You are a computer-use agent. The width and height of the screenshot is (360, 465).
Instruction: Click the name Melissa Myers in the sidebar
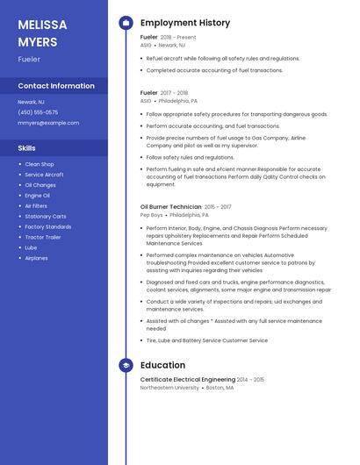click(40, 32)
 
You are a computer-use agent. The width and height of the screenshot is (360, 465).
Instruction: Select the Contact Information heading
click(56, 86)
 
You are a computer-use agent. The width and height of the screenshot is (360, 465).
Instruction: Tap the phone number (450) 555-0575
click(38, 112)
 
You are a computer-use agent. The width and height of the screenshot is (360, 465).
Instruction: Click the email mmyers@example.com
click(48, 123)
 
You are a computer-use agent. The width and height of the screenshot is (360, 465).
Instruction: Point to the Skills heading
click(27, 148)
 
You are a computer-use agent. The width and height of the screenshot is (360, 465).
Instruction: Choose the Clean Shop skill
click(40, 164)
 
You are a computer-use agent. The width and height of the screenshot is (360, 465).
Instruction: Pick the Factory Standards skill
click(48, 226)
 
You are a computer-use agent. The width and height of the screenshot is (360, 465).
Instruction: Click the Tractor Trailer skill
click(43, 237)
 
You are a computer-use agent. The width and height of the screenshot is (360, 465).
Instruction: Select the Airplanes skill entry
click(37, 258)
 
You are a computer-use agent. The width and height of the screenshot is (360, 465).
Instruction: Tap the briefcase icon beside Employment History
click(126, 23)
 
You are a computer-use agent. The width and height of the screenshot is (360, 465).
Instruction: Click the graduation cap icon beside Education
click(126, 365)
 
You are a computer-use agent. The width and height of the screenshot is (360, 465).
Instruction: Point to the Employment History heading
click(185, 23)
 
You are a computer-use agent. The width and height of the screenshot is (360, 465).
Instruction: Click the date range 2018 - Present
click(178, 38)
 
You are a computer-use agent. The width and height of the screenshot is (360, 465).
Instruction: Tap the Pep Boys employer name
click(152, 215)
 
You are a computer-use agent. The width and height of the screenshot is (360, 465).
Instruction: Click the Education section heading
click(162, 365)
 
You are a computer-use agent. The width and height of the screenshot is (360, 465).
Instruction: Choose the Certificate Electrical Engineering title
click(187, 379)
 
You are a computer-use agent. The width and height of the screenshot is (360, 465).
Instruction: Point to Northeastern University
click(169, 387)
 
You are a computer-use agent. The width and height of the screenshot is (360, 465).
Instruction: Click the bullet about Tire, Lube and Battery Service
click(207, 340)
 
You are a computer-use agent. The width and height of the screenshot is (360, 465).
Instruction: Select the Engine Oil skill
click(38, 196)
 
